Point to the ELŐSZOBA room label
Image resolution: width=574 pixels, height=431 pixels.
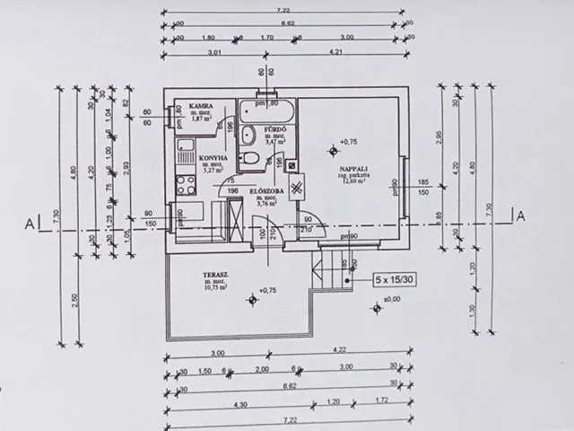(268, 190)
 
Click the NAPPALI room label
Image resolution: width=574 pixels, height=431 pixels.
(351, 168)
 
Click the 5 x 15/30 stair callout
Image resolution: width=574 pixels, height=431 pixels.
(387, 280)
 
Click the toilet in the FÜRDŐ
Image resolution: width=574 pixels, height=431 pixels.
(254, 160)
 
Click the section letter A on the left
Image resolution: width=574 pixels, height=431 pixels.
(30, 222)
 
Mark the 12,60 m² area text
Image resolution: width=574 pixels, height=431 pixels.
(351, 182)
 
